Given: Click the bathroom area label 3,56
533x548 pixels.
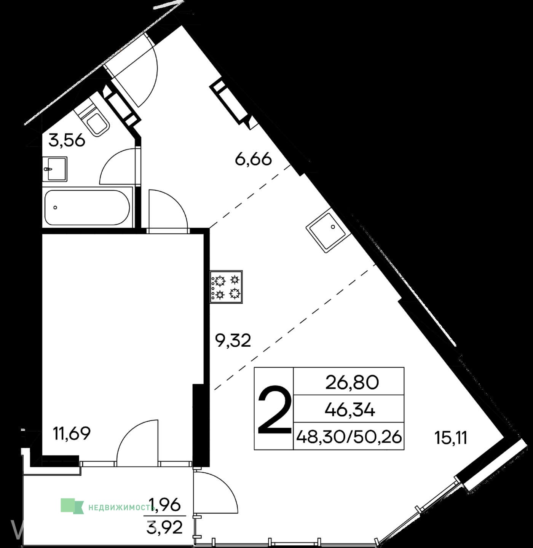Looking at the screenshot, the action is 67,140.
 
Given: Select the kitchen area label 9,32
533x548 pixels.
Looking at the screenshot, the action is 233,341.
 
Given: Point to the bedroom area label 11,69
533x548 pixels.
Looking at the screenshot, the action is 72,433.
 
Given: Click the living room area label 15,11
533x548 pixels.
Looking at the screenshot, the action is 451,438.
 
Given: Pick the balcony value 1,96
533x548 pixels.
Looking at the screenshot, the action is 164,504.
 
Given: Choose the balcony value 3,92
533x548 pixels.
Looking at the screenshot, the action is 164,527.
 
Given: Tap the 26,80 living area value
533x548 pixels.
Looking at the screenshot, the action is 352,383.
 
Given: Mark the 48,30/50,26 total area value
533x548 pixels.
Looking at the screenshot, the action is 349,437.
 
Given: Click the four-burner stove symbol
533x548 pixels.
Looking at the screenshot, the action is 226,287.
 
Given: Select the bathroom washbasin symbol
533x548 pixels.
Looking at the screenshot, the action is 55,169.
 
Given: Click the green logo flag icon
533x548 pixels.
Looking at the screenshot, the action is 72,506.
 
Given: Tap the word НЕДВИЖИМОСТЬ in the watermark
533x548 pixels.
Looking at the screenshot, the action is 121,508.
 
